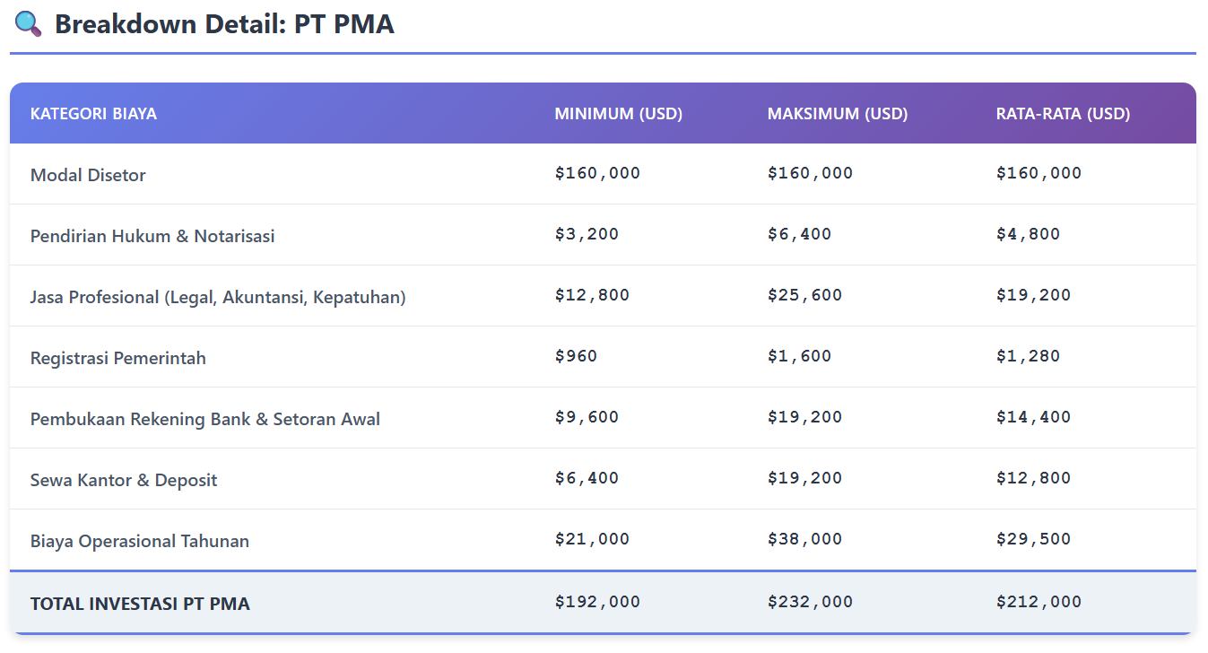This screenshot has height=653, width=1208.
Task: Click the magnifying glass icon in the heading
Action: pos(29,24)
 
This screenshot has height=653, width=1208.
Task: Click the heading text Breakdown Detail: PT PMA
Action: pos(224,24)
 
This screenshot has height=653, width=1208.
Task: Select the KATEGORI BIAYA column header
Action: pos(93,114)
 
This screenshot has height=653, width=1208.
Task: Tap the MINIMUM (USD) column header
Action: pos(618,114)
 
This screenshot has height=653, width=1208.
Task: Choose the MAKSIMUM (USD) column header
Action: pos(837,114)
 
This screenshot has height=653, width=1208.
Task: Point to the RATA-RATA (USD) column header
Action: pos(1063,114)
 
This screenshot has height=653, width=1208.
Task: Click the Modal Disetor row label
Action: pos(88,175)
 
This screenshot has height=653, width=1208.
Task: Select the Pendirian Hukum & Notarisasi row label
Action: pos(152,236)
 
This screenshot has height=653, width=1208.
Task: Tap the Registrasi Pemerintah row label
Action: pos(118,358)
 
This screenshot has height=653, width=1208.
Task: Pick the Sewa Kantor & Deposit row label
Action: pos(124,480)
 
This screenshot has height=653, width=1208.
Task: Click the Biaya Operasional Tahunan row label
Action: pos(140,541)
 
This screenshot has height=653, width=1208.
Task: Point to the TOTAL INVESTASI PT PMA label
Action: pos(140,604)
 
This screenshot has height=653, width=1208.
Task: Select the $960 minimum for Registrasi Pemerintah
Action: pos(576,356)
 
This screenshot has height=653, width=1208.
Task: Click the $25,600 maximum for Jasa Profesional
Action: pos(804,295)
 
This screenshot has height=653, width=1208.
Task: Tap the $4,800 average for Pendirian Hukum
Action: pos(1028,234)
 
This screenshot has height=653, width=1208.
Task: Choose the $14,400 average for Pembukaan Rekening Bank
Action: pos(1033,417)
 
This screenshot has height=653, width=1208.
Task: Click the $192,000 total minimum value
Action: pos(597,602)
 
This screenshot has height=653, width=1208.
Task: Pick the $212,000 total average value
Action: pos(1039,602)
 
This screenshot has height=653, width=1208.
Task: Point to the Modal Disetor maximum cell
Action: pos(810,173)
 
